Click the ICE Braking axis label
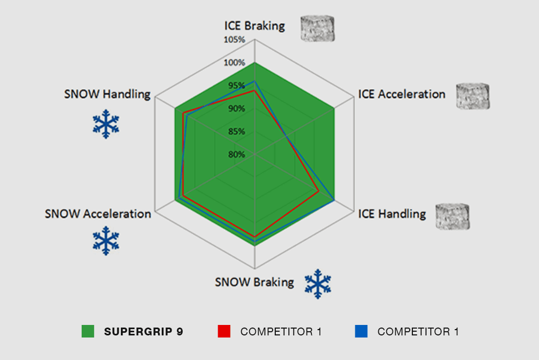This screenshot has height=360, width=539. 254,26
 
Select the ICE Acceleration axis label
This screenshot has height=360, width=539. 401,94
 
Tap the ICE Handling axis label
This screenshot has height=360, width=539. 392,214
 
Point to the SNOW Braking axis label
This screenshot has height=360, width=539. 254,282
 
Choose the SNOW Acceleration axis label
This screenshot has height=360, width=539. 98,214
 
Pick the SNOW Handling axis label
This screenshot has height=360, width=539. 107,94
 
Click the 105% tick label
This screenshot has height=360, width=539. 234,40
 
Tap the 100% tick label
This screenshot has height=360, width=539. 234,63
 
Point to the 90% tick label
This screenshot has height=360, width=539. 237,109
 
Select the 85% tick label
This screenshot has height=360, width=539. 237,131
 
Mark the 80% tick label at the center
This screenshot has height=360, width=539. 237,154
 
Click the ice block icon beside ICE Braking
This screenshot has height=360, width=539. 317,28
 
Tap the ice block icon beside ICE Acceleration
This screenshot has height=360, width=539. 473,96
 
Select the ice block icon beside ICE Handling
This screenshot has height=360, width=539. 452,216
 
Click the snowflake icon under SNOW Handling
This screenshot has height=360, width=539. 106,124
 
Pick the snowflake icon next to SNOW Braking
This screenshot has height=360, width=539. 318,284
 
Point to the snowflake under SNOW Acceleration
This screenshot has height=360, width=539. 106,241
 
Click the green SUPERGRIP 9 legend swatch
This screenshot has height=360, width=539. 88,331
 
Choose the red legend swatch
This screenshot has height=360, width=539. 224,331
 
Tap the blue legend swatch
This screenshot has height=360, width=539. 361,331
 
